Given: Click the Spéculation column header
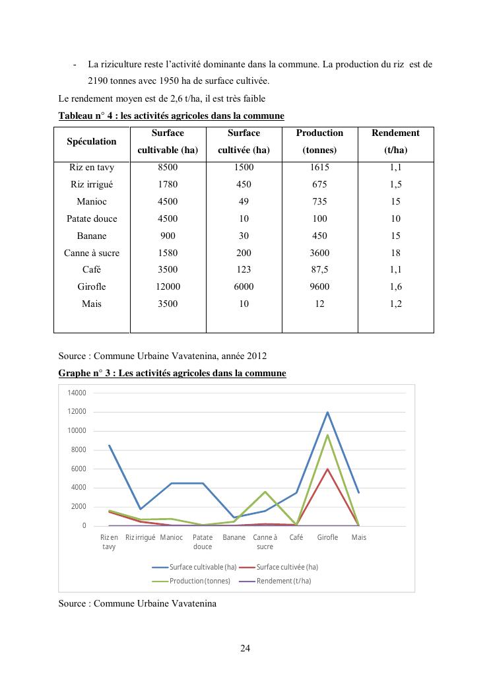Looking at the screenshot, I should (x=92, y=141).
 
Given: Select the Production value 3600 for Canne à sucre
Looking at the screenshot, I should (x=319, y=253).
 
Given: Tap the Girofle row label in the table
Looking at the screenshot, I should (x=92, y=287).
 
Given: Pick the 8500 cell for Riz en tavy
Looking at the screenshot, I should (x=168, y=168).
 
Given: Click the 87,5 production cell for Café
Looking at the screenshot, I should (x=319, y=270).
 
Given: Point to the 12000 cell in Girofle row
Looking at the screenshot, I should (x=168, y=287).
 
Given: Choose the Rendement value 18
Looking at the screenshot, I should (x=395, y=253).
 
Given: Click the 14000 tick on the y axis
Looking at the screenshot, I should (x=77, y=393).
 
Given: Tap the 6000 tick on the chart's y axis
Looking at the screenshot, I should (x=79, y=469).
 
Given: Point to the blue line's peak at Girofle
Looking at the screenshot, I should (x=327, y=413).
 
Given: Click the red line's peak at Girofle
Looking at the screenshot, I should (x=327, y=469).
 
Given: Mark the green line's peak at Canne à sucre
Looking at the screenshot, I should (x=265, y=492).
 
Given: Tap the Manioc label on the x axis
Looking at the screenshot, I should (x=172, y=537).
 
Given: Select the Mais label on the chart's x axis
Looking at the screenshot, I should (x=358, y=537).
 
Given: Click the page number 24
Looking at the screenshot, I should (x=245, y=648).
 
